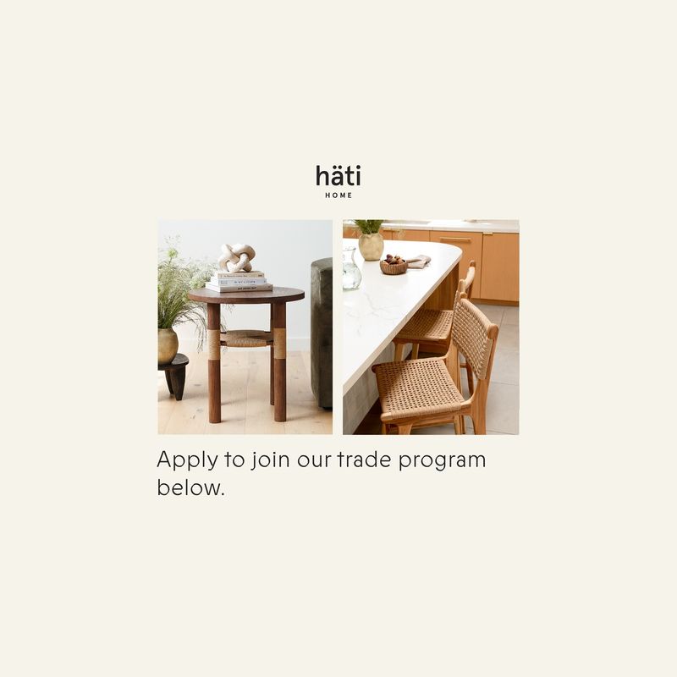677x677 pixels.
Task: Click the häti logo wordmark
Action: click(x=338, y=175)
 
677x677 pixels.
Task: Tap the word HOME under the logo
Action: click(x=338, y=195)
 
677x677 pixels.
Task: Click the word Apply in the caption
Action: click(x=187, y=460)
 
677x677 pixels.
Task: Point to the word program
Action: click(x=442, y=461)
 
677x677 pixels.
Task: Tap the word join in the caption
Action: click(x=271, y=460)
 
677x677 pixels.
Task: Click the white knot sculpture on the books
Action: click(x=236, y=258)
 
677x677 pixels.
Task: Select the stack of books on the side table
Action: click(x=239, y=281)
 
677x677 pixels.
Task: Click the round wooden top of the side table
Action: click(x=246, y=295)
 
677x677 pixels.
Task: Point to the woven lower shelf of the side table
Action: click(x=247, y=339)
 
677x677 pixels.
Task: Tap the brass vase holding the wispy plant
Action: click(x=168, y=345)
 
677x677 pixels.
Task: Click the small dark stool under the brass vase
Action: click(x=173, y=376)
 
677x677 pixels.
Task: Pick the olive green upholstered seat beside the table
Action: click(x=322, y=333)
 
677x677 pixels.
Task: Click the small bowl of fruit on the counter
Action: click(x=394, y=264)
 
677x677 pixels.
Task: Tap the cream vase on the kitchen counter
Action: click(x=371, y=246)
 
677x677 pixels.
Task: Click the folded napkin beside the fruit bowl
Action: click(x=418, y=261)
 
